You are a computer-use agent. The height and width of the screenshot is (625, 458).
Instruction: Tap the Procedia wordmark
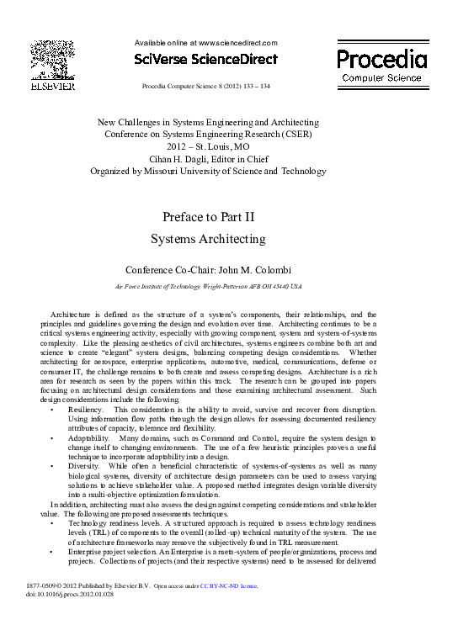point(381,59)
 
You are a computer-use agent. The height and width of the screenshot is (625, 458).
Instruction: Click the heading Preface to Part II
point(208,216)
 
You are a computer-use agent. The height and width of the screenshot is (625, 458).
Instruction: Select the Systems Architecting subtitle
point(208,239)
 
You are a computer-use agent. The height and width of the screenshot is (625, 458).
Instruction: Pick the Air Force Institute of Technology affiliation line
point(207,287)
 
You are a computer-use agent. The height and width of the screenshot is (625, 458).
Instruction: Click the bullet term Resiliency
point(85,409)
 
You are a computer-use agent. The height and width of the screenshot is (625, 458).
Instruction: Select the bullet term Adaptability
point(88,439)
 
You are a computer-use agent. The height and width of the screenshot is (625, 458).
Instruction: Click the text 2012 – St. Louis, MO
point(208,146)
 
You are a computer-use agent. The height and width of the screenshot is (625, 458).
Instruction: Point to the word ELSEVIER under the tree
point(52,86)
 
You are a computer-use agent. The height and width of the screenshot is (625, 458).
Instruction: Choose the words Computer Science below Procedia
point(381,77)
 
